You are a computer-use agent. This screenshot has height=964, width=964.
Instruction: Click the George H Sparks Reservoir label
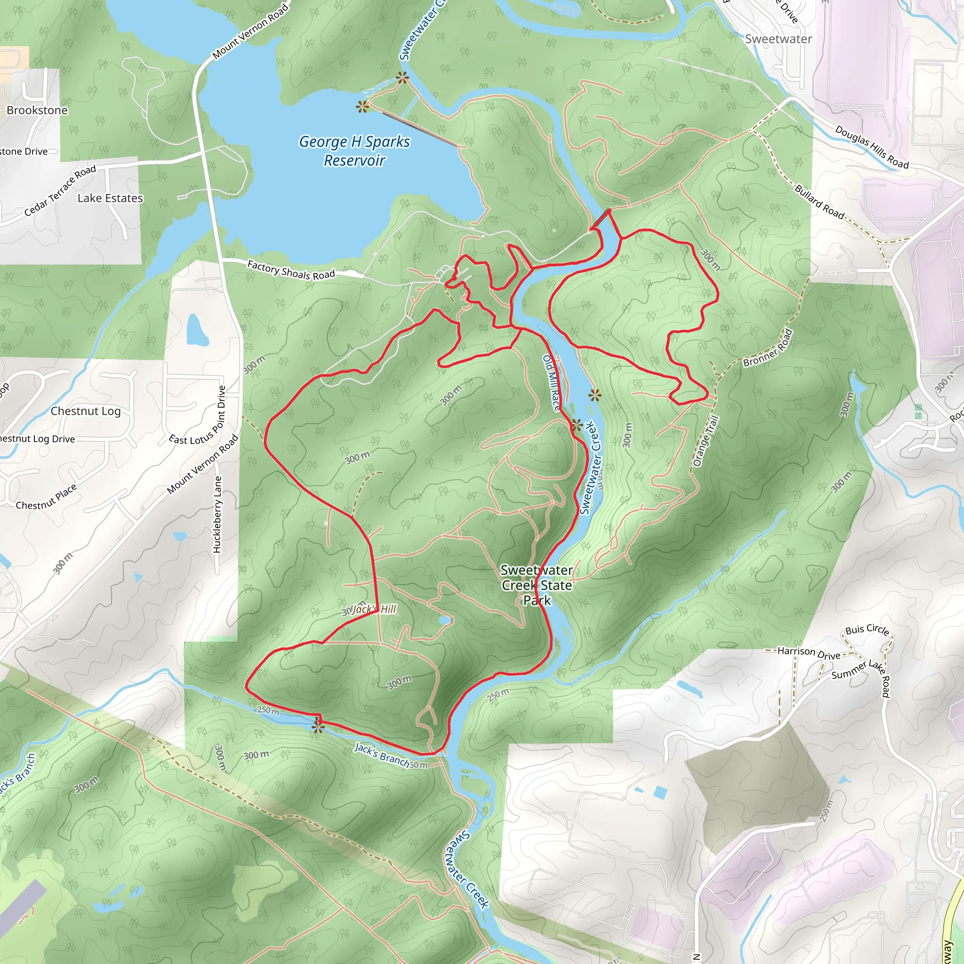(354, 151)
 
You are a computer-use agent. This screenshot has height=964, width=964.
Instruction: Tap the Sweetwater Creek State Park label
(537, 585)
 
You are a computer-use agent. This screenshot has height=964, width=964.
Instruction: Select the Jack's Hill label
(374, 609)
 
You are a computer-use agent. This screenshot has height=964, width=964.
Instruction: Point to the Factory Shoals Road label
(291, 270)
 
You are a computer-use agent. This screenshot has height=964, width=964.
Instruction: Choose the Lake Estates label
(110, 198)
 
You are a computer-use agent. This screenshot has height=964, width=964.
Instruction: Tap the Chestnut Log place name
(85, 411)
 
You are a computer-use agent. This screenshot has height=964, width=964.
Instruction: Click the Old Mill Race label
(551, 383)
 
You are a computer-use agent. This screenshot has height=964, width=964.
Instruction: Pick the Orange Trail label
(706, 441)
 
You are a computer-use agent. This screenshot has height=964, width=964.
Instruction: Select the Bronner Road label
(767, 348)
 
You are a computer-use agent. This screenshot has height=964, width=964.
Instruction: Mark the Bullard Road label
(819, 202)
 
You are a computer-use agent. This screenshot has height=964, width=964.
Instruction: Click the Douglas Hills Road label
(872, 147)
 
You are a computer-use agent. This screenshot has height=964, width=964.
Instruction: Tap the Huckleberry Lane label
(217, 514)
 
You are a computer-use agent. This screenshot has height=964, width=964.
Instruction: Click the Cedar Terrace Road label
(60, 191)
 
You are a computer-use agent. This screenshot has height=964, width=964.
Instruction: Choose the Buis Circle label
(867, 630)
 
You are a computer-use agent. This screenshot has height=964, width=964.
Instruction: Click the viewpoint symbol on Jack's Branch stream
(318, 726)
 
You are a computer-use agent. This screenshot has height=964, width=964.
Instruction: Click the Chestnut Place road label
(47, 498)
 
